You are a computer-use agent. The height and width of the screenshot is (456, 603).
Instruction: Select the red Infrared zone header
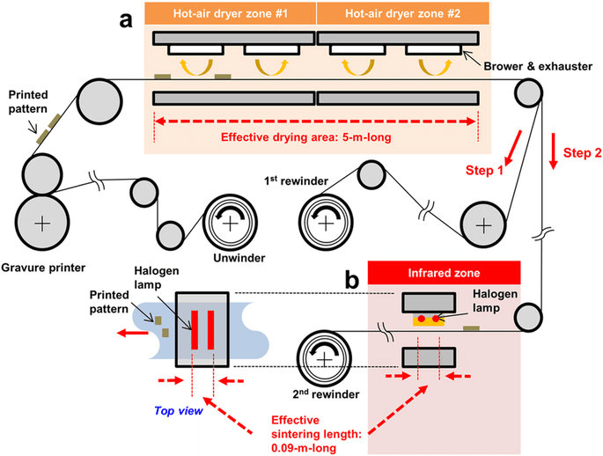point(444,272)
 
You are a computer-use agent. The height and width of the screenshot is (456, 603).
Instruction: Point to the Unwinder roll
point(230,224)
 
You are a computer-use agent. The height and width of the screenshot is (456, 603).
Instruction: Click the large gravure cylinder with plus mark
point(40,224)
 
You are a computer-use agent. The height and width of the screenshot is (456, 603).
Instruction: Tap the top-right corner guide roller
point(528,92)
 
